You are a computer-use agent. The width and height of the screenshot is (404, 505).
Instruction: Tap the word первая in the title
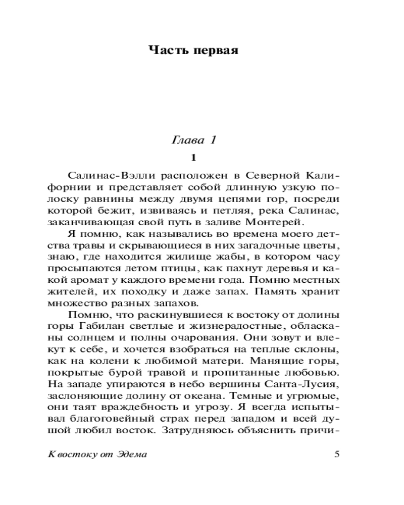click(x=214, y=50)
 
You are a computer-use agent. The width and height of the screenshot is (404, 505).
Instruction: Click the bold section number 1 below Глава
click(x=193, y=158)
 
